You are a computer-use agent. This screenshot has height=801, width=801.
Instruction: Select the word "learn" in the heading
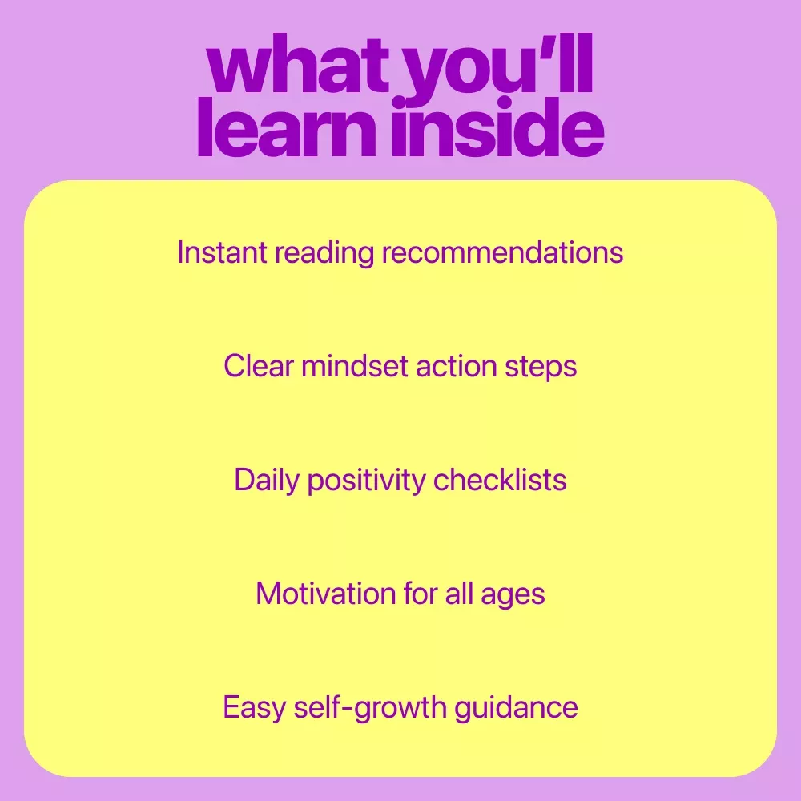(287, 127)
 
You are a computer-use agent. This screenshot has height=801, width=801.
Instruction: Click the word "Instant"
(222, 252)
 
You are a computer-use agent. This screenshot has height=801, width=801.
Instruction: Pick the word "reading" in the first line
(324, 253)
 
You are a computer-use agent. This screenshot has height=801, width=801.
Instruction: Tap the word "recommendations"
(503, 252)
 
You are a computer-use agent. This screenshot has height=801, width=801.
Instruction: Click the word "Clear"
(259, 366)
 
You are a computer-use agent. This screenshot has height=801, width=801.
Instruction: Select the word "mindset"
(355, 366)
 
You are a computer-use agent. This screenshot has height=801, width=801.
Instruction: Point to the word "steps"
(541, 368)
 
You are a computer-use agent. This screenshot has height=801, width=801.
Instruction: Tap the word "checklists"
(500, 480)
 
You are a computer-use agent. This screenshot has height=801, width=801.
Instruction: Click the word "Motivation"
(325, 594)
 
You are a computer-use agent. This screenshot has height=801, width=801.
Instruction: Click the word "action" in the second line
(457, 367)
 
